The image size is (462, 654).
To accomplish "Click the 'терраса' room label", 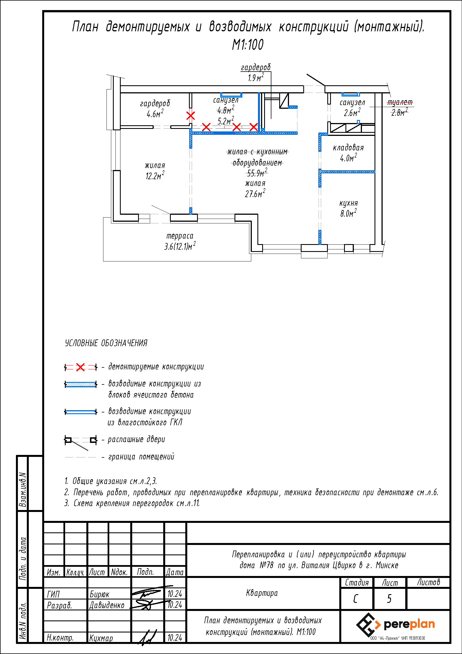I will click(180, 236).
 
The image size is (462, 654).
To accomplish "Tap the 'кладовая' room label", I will click(348, 148).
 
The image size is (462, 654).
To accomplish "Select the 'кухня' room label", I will click(349, 203).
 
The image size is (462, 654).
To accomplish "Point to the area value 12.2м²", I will click(155, 176).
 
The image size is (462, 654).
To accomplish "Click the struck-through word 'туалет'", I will click(400, 102).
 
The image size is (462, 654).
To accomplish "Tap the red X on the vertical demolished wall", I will click(190, 116).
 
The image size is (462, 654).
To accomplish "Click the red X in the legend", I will click(80, 367).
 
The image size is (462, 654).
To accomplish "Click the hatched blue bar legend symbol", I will click(80, 384).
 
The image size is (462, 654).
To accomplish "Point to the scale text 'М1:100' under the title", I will click(248, 45).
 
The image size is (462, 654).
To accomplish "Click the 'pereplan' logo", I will click(395, 625).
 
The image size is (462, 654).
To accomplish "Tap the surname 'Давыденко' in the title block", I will click(107, 605).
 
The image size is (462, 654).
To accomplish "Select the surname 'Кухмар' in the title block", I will click(101, 638).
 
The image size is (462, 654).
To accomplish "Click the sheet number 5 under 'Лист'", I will click(389, 599).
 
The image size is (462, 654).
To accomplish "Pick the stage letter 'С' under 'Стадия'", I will click(356, 599).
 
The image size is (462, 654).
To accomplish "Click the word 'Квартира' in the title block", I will click(262, 593).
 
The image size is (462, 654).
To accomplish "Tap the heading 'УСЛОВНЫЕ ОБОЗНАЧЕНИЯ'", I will click(106, 343).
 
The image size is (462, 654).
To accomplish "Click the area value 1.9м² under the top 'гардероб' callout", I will click(256, 78).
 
